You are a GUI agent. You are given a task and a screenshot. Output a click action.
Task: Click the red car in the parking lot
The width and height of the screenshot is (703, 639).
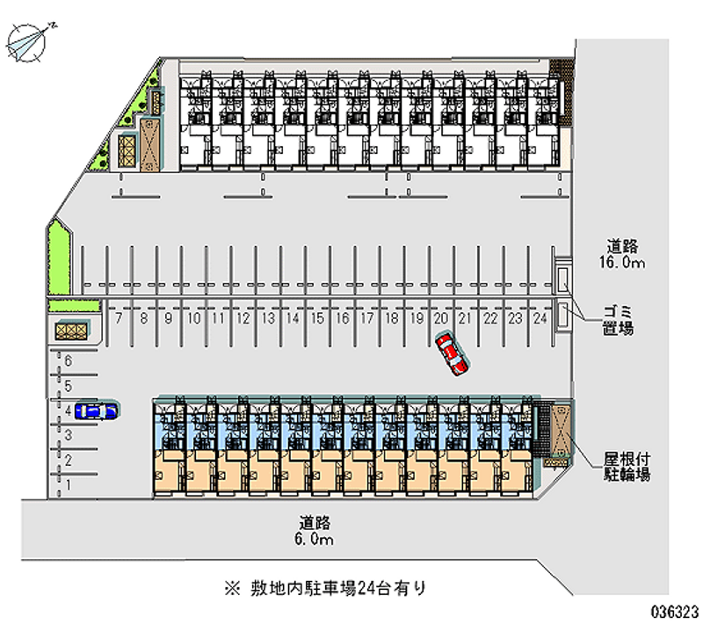tap(452, 354)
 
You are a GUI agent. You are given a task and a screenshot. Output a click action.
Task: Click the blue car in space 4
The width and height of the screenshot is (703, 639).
tap(97, 410)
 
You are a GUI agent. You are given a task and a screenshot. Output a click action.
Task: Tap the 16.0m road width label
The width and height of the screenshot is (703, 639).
tap(622, 254)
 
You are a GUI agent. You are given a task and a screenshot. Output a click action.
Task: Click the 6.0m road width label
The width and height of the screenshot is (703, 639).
tap(315, 531)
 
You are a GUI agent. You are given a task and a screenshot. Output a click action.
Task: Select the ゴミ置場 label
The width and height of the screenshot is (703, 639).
tap(618, 320)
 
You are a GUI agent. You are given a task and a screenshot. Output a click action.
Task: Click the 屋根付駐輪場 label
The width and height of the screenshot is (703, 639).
tap(627, 467)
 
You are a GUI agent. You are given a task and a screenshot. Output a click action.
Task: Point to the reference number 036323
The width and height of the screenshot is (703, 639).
tap(675, 612)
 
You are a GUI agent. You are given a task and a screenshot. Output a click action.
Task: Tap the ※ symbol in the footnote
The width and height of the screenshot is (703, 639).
tap(233, 588)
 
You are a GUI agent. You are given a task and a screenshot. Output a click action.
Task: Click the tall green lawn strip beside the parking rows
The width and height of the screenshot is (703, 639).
tap(59, 258)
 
